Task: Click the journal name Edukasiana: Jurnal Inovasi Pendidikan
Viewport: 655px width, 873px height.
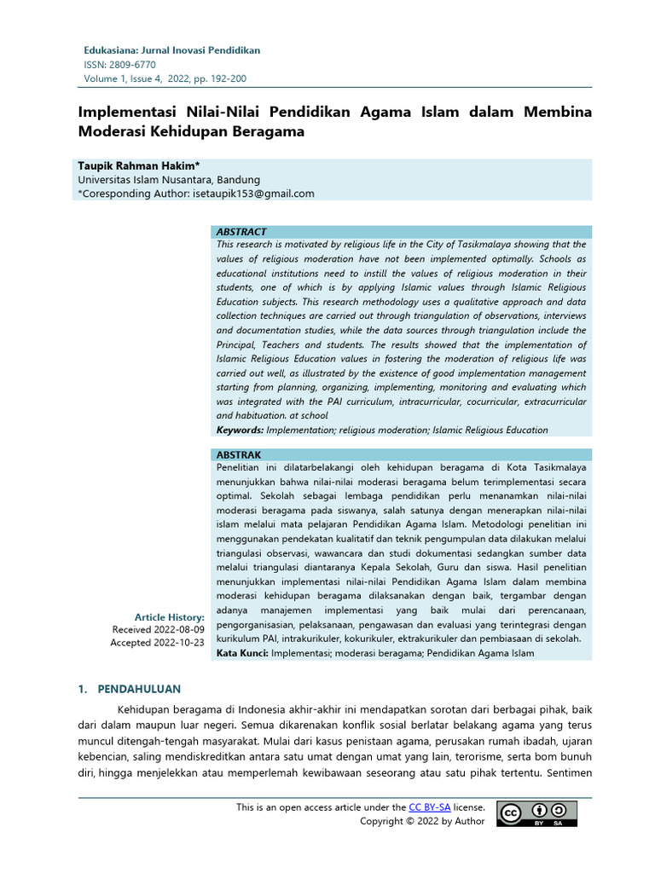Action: coord(171,50)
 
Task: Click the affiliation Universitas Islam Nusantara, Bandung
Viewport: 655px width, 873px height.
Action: coord(169,180)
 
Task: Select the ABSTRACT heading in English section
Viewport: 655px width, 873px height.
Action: coord(241,232)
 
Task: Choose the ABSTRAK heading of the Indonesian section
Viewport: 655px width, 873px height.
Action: coord(239,455)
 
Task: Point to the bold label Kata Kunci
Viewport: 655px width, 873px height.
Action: coord(241,654)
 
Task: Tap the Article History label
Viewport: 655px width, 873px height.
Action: coord(170,617)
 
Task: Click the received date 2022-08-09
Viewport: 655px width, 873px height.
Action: coord(181,630)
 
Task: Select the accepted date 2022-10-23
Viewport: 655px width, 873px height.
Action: coord(181,643)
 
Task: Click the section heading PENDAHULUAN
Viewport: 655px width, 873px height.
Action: coord(139,689)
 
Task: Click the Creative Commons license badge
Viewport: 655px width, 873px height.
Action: coord(536,814)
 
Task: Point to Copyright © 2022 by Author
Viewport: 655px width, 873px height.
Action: coord(422,821)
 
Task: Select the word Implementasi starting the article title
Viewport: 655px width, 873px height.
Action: coord(128,113)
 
